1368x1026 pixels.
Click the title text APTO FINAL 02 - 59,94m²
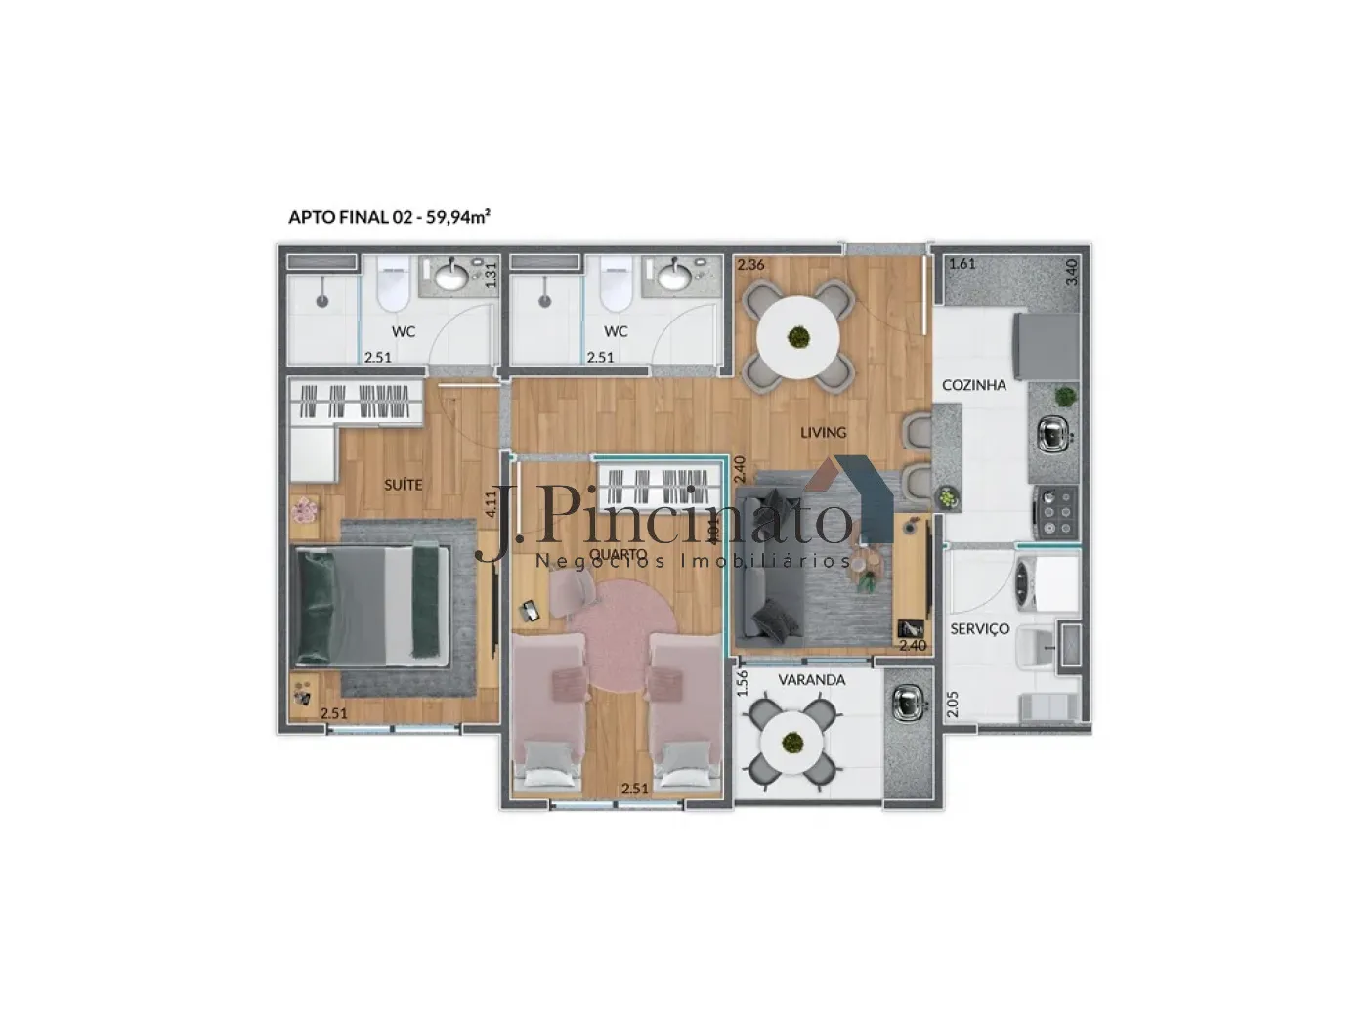point(389,217)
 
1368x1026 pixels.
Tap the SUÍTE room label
point(403,484)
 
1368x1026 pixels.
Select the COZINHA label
point(973,385)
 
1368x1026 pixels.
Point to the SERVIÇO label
point(979,629)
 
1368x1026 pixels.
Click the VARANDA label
point(811,679)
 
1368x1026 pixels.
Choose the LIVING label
point(823,432)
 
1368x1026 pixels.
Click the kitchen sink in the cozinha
point(1052,434)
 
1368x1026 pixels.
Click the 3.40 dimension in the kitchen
point(1071,271)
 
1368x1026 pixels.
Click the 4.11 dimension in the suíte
point(491,502)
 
